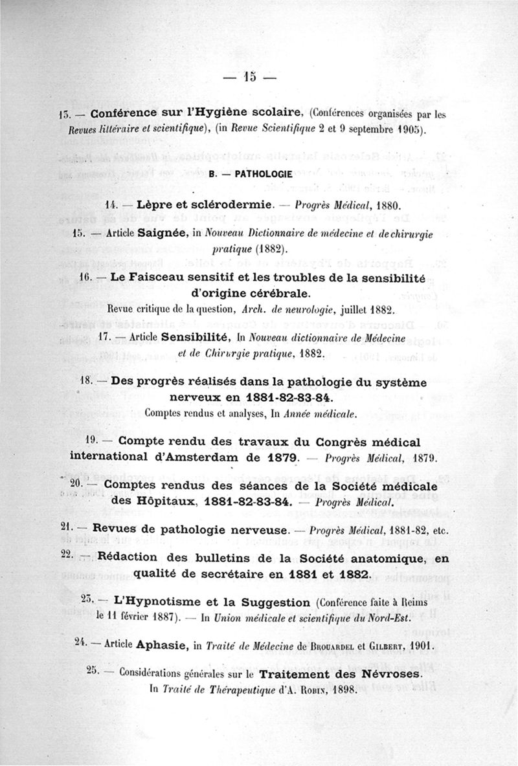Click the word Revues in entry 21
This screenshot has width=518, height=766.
pyautogui.click(x=116, y=527)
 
